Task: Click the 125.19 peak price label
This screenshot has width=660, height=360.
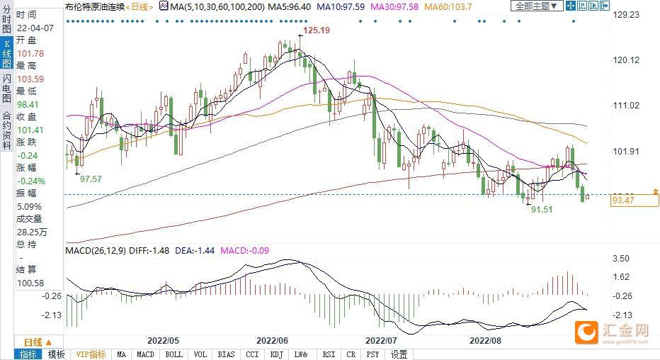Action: (317, 31)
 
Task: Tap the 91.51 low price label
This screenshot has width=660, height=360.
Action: (542, 210)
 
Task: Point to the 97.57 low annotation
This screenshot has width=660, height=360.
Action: (91, 179)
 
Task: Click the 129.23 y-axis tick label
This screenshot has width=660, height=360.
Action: (625, 15)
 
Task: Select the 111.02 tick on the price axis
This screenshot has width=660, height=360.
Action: (625, 106)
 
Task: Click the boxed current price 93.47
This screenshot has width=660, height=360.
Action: (623, 201)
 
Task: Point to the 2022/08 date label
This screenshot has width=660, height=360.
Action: (487, 339)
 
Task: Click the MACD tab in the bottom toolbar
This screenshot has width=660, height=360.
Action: (145, 354)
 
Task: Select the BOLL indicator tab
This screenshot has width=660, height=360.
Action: (173, 354)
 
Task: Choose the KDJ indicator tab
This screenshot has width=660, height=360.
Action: (275, 354)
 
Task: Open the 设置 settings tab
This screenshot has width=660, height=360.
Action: (399, 354)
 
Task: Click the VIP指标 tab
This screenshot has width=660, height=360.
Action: (91, 354)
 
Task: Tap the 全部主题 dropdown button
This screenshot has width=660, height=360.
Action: (536, 6)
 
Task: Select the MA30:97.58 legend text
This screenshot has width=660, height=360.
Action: (394, 6)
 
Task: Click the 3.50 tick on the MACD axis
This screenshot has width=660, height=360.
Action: (622, 259)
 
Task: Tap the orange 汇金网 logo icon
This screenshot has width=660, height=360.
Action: (586, 331)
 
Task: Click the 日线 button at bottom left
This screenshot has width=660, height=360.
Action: (33, 341)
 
